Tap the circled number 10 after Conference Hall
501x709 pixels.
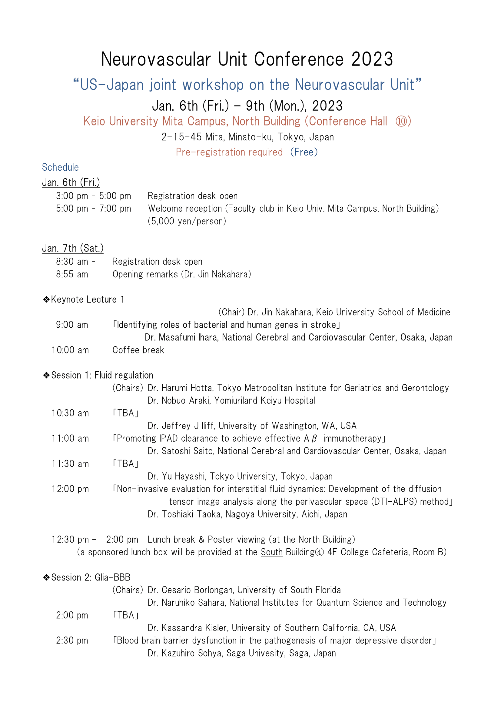pos(401,121)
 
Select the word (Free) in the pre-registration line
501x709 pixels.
pos(304,152)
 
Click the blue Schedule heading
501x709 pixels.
pos(61,167)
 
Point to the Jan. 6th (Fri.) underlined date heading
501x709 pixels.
pos(71,182)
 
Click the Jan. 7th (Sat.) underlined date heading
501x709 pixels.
pos(73,248)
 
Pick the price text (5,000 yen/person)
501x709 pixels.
pos(187,221)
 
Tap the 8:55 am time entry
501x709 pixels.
pos(72,274)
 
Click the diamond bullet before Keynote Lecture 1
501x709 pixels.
pos(46,299)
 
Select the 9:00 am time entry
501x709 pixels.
pos(72,325)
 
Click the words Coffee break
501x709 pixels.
pos(138,350)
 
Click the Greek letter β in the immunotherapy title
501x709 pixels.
pos(314,439)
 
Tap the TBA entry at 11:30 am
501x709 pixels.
pos(126,464)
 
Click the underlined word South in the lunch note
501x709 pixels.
pos(271,552)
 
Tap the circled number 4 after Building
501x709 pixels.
pos(319,552)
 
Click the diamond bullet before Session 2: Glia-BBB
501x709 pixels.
pos(46,577)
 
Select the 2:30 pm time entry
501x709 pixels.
pos(72,640)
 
